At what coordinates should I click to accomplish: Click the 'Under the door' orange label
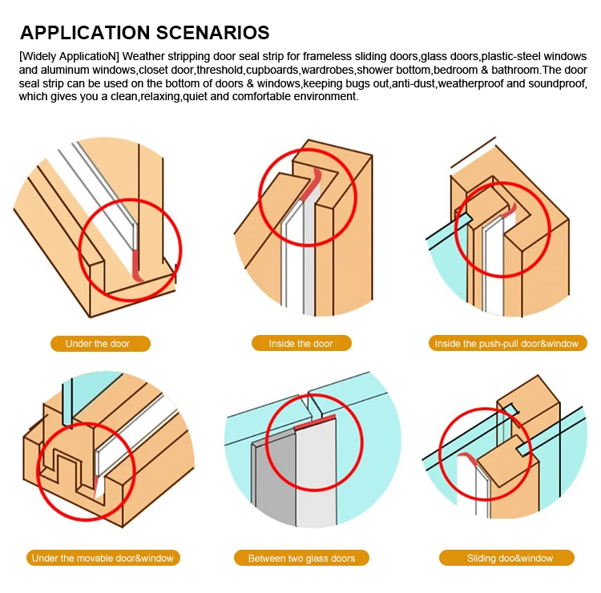pos(97,344)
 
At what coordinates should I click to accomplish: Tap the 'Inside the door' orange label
pos(300,344)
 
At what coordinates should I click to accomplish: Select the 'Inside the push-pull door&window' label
pos(506,344)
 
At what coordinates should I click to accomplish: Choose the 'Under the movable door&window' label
pos(102,558)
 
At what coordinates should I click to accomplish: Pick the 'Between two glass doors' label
pos(301,558)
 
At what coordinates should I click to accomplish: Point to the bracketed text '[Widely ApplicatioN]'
pos(68,57)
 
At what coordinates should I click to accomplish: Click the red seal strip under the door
pos(138,266)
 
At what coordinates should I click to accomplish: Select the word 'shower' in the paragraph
pos(374,71)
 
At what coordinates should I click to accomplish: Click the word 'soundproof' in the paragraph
pos(560,83)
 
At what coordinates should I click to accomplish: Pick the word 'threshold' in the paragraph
pos(219,71)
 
